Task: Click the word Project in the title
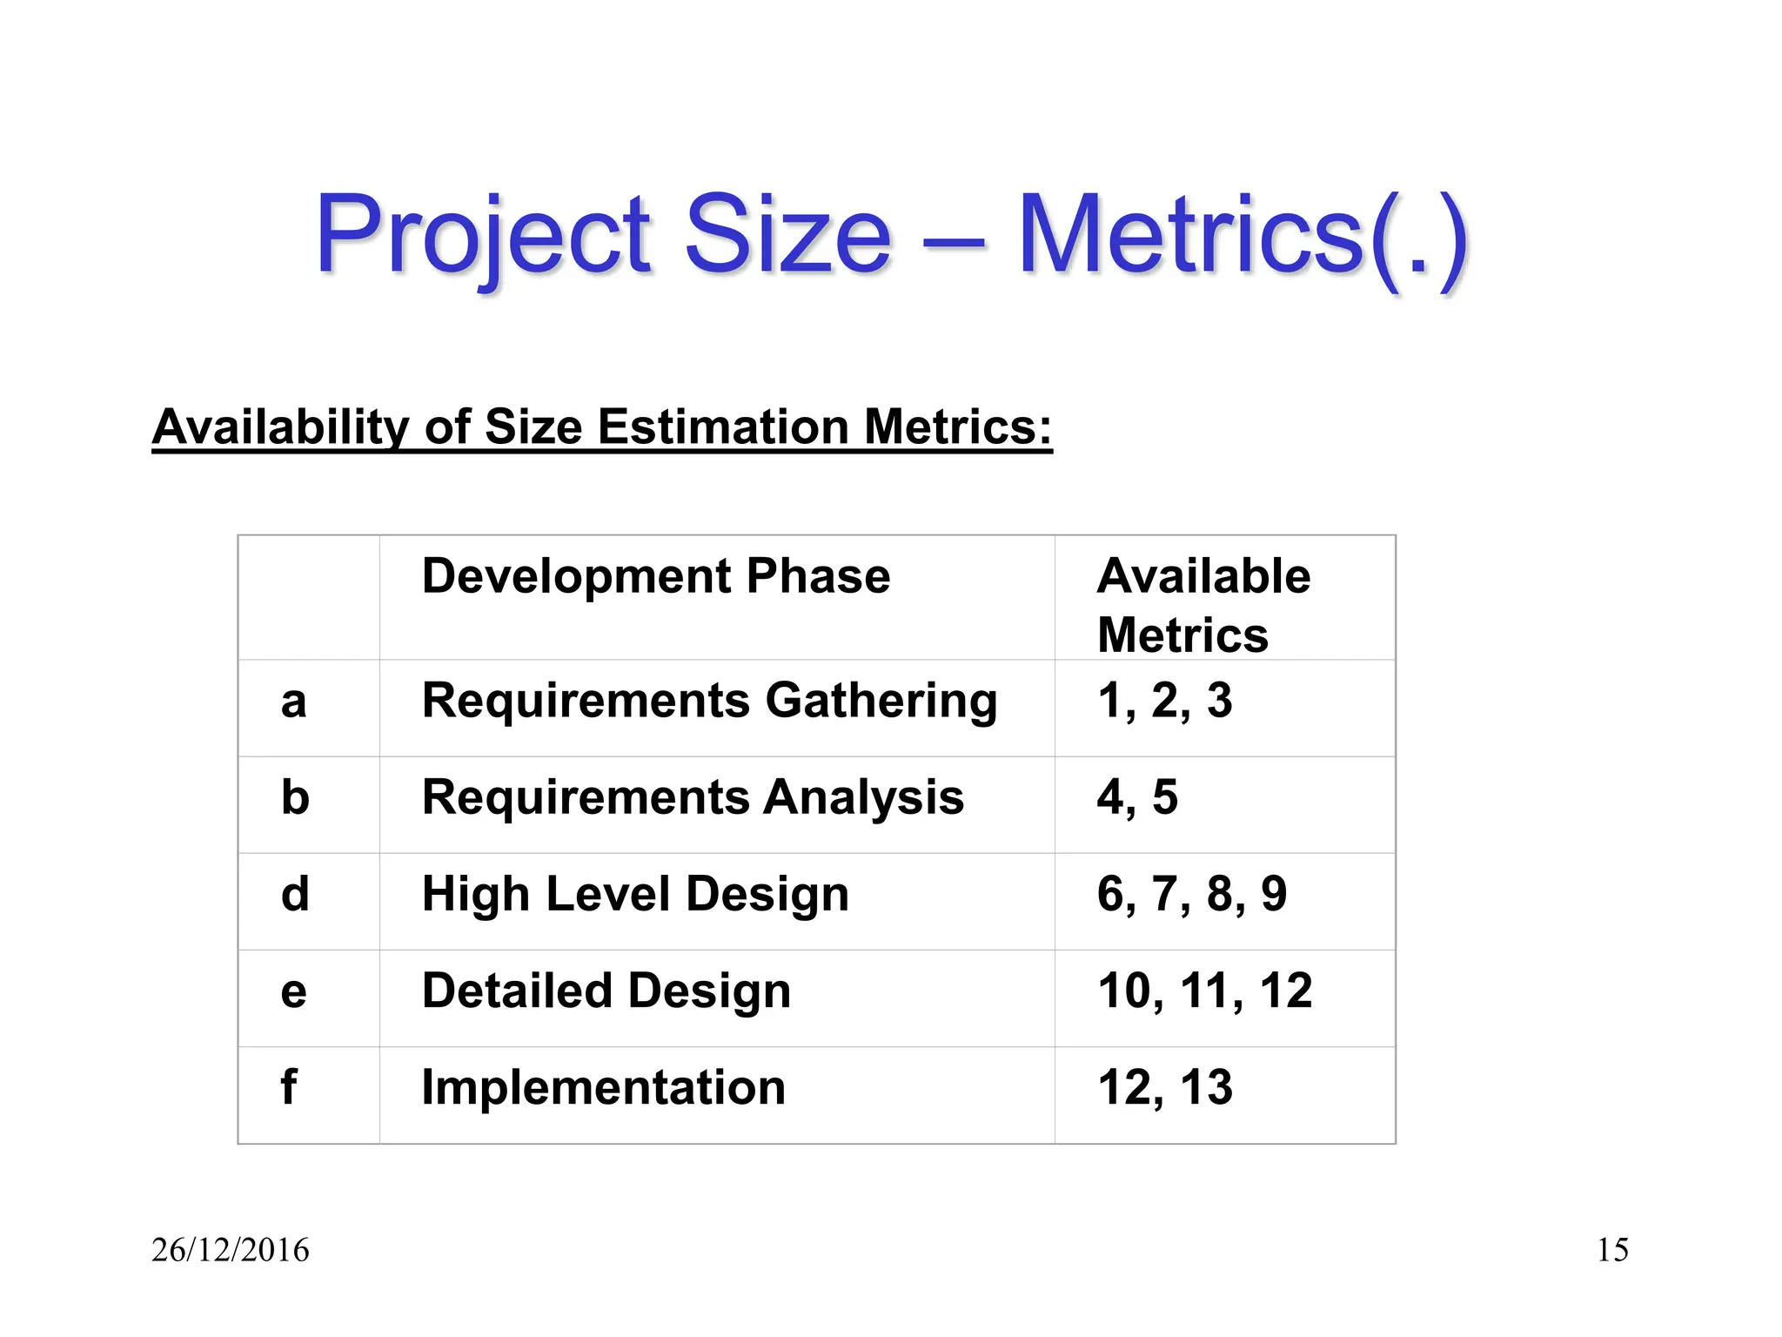click(x=483, y=235)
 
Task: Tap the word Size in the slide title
click(x=788, y=235)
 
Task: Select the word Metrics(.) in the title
click(x=1243, y=235)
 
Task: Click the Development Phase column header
click(x=656, y=576)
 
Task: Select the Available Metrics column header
click(x=1203, y=605)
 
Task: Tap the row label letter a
click(x=294, y=701)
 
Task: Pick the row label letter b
click(x=295, y=797)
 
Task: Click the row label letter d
click(x=295, y=894)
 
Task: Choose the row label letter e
click(x=294, y=991)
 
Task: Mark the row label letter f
click(x=289, y=1087)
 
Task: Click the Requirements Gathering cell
click(x=709, y=702)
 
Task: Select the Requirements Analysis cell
click(x=693, y=797)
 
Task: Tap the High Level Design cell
click(x=635, y=894)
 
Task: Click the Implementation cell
click(x=603, y=1087)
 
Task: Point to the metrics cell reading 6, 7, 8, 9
click(x=1192, y=894)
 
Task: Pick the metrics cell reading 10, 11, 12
click(x=1205, y=991)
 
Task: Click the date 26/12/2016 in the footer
click(x=231, y=1250)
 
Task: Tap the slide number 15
click(x=1612, y=1250)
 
